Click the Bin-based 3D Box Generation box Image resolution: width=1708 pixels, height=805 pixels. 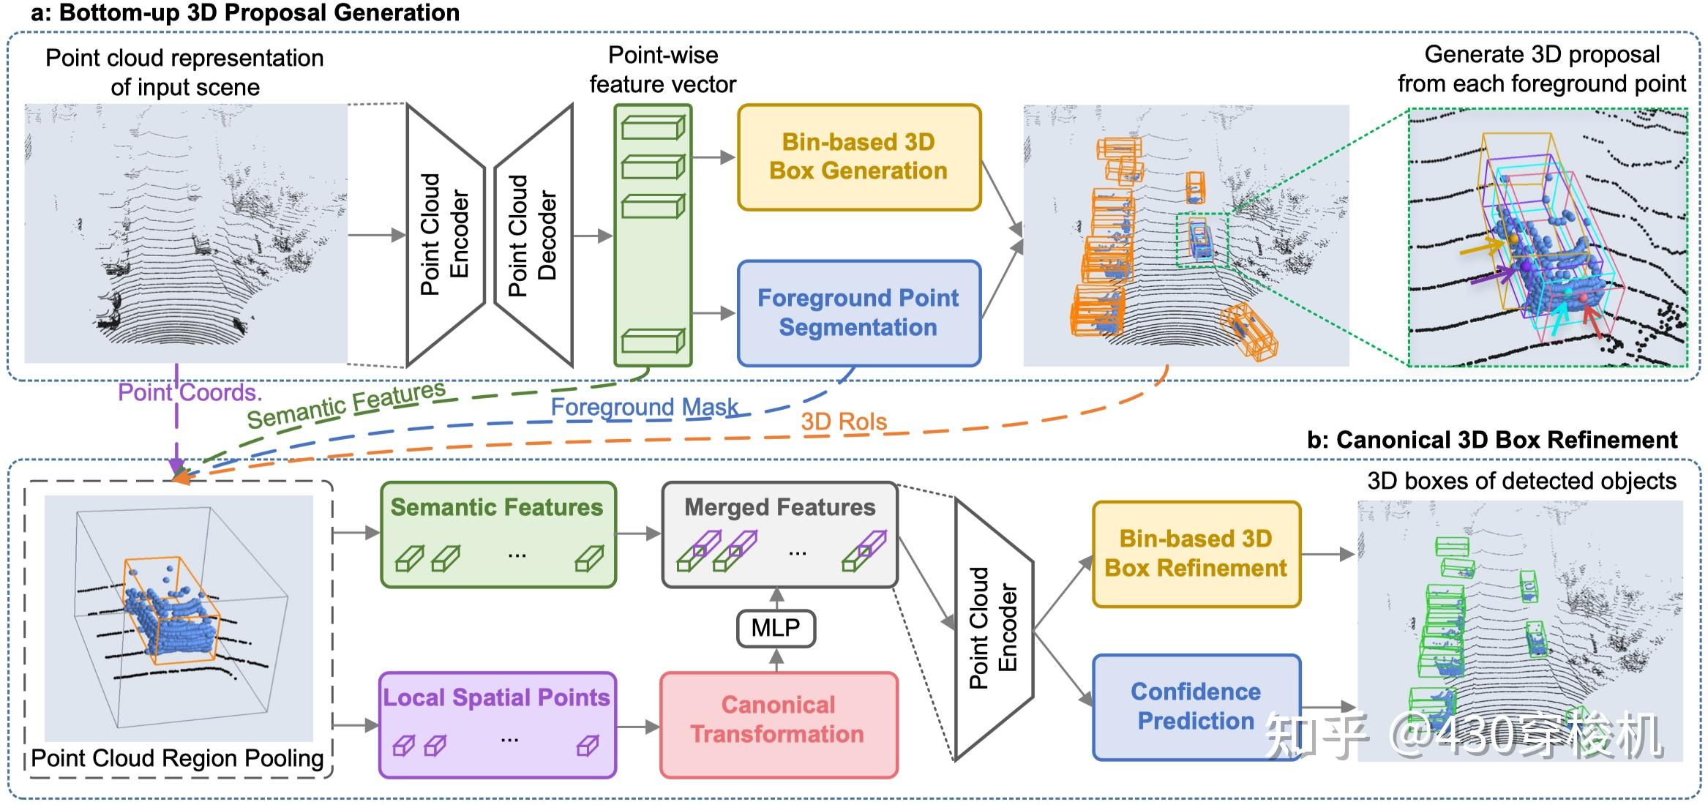click(859, 157)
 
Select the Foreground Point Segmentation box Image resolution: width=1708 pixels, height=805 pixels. click(859, 313)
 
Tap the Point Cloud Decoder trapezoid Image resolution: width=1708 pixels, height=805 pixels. click(533, 236)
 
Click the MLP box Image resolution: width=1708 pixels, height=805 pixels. click(776, 628)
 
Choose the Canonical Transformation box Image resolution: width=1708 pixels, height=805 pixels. click(779, 724)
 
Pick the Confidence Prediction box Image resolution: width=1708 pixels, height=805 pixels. click(1196, 707)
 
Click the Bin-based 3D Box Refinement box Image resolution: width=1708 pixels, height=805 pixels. click(1196, 554)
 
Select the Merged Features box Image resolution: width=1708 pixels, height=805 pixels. click(779, 534)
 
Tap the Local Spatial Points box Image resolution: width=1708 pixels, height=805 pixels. click(497, 724)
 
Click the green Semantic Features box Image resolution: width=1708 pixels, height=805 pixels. click(498, 534)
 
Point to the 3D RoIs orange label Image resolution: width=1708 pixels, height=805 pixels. click(844, 422)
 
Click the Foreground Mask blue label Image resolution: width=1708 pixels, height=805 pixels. click(644, 407)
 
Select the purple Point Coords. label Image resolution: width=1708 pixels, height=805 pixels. click(190, 393)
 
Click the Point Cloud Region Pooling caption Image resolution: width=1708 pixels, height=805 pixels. click(177, 758)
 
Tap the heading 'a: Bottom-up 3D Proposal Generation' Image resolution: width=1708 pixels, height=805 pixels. click(245, 12)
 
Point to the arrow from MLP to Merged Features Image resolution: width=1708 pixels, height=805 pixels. click(776, 599)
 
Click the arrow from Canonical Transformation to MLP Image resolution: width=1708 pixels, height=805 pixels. click(776, 660)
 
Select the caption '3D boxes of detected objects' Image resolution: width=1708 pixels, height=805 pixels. click(1521, 481)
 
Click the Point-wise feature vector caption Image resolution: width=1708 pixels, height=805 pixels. click(663, 70)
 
